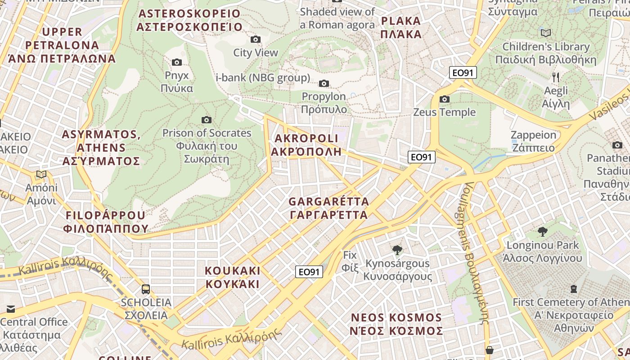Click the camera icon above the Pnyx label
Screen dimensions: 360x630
tap(177, 62)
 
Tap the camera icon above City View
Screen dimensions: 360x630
tap(256, 40)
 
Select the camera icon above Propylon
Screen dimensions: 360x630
tap(324, 83)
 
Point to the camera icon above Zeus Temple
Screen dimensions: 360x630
tap(444, 99)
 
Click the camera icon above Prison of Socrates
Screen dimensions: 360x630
tap(207, 120)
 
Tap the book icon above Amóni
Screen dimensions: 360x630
tap(41, 175)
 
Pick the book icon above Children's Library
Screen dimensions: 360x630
tap(546, 33)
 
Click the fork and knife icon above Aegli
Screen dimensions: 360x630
tap(556, 77)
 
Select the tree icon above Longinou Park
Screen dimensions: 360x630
tap(543, 232)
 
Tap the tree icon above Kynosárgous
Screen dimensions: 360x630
tap(397, 250)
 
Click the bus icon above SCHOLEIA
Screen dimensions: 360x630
tap(146, 289)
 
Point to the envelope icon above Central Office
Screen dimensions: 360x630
tap(10, 309)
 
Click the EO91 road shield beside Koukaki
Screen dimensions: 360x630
tap(309, 272)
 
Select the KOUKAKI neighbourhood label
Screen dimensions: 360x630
tap(233, 277)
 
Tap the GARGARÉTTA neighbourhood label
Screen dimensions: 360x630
tap(328, 208)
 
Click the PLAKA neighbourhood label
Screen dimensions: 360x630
tap(400, 27)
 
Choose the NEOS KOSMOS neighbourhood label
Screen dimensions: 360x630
tap(396, 324)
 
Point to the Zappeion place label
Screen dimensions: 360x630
tap(533, 141)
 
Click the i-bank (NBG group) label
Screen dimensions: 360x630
tap(263, 78)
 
